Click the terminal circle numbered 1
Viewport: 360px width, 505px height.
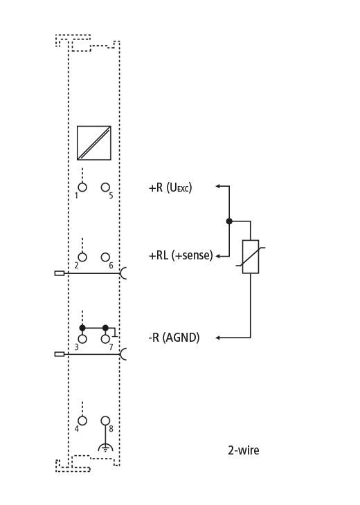point(82,187)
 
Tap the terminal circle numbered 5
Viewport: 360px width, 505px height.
point(105,187)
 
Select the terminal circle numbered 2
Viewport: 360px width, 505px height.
point(82,257)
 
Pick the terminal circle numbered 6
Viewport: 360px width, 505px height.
point(105,257)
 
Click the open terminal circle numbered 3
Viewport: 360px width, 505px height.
point(82,339)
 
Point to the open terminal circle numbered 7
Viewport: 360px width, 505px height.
point(105,339)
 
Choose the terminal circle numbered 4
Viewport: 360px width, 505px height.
point(82,421)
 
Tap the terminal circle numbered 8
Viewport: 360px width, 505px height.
point(105,421)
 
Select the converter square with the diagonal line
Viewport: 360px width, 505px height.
point(94,143)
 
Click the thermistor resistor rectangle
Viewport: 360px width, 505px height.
point(251,257)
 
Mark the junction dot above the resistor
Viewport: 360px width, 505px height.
point(229,221)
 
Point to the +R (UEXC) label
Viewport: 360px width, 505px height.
point(170,187)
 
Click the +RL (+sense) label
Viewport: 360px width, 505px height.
point(181,255)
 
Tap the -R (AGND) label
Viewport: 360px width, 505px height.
point(174,338)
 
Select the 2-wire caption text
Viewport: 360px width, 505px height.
point(244,450)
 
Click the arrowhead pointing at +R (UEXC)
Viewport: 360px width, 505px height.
point(218,186)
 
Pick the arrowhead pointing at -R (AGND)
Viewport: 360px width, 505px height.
point(218,338)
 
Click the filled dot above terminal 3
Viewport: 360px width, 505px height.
point(82,328)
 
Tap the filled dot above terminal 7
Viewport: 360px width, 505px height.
point(105,328)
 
